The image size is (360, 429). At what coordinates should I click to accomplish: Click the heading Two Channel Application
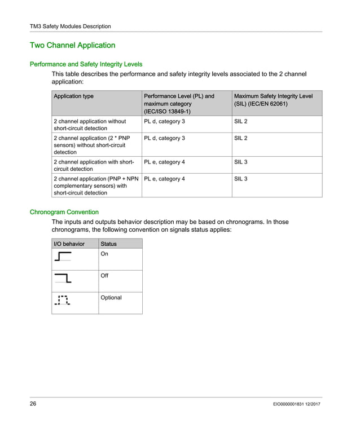coord(72,45)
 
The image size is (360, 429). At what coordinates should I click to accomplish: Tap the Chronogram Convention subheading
coord(64,212)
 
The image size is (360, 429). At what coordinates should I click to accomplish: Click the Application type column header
coord(73,96)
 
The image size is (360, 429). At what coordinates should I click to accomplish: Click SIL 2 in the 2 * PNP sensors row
coord(240,138)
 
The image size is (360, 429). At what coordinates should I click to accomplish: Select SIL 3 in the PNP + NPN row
coord(240,179)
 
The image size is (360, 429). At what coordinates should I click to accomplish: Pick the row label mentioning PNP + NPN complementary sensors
coord(95,185)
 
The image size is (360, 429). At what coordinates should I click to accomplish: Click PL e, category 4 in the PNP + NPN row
coord(164,179)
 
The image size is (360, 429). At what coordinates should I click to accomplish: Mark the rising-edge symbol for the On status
coord(63,257)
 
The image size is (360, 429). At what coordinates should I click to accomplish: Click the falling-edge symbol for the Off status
coord(63,278)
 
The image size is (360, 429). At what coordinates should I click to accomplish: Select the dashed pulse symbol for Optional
coord(62,300)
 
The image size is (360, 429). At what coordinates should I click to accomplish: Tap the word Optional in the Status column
coord(111,298)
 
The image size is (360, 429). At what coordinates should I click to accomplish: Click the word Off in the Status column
coord(104,276)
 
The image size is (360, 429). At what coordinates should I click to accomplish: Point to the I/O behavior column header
coord(69,244)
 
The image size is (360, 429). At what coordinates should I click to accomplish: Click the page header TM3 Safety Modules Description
coord(70,26)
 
